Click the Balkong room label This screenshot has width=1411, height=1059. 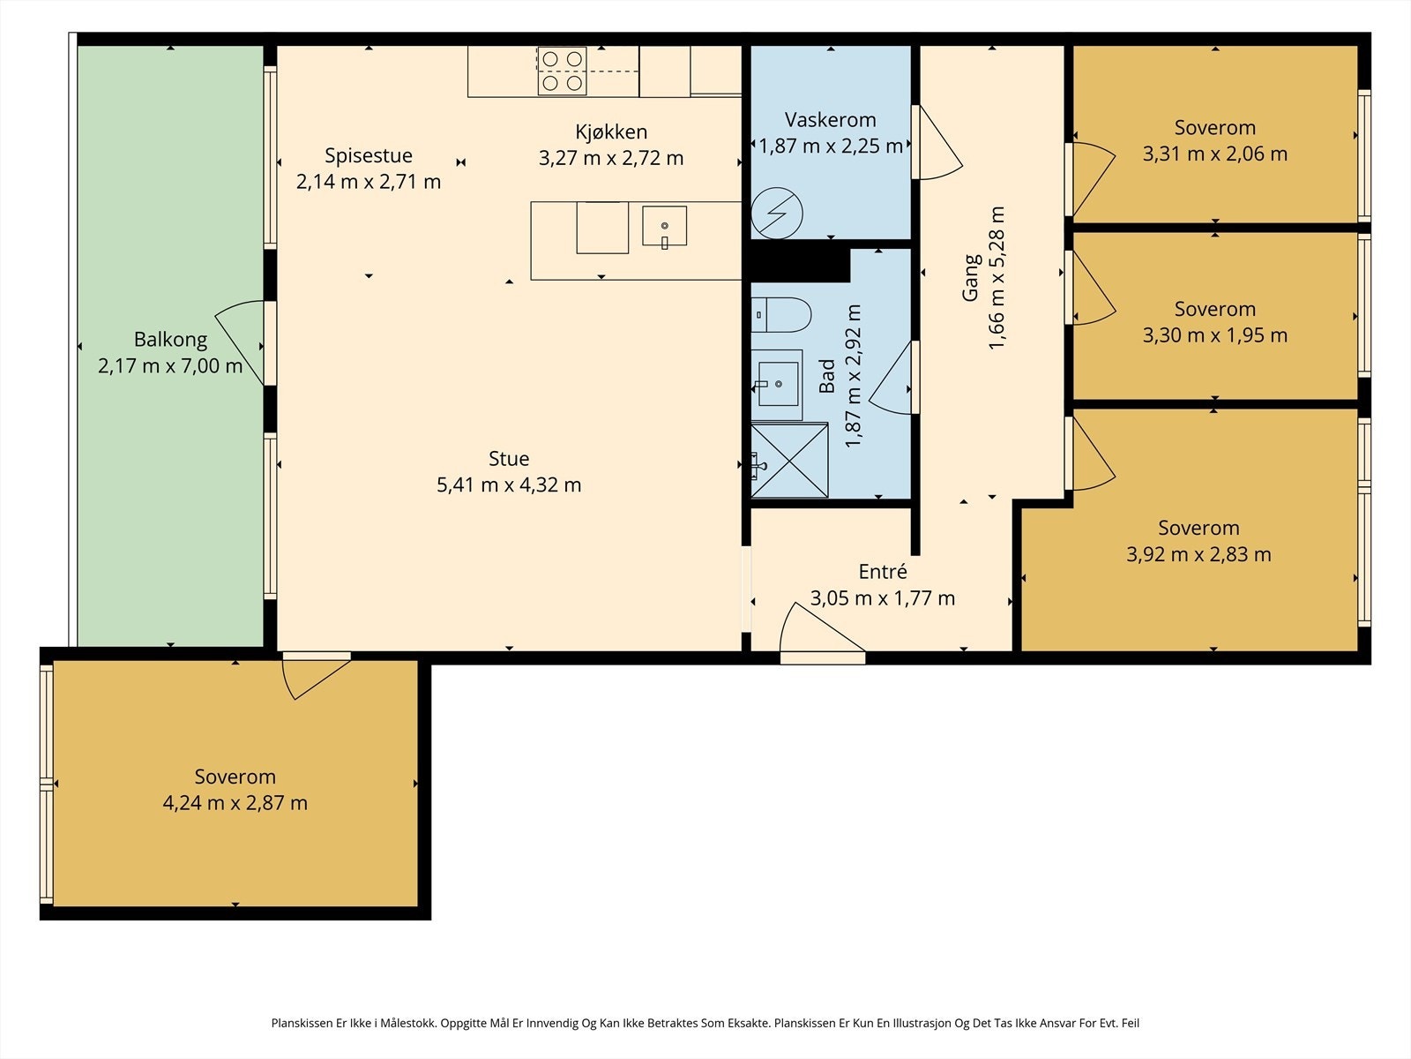point(170,339)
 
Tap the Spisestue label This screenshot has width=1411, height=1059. point(369,155)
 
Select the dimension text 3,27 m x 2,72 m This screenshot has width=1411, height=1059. point(610,158)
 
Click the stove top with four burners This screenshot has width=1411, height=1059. point(562,71)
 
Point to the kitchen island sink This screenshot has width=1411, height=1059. point(664,226)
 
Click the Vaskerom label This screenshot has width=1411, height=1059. point(830,120)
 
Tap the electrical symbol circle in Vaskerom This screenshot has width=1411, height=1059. point(777,213)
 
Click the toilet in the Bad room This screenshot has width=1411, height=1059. point(780,314)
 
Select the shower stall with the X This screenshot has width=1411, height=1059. point(789,460)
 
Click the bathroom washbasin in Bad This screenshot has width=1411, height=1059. point(777,385)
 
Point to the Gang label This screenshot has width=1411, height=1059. point(971,278)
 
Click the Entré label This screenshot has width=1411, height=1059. point(883,572)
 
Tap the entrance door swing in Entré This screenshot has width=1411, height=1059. point(817,630)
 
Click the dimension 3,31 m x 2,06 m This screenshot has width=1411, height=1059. point(1215,154)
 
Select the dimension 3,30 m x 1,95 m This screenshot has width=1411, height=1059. point(1215,335)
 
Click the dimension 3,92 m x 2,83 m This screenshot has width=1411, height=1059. point(1198,554)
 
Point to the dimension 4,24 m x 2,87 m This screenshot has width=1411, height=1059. point(235,803)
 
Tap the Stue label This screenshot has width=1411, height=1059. point(509,458)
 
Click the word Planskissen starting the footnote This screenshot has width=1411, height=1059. point(302,1023)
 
